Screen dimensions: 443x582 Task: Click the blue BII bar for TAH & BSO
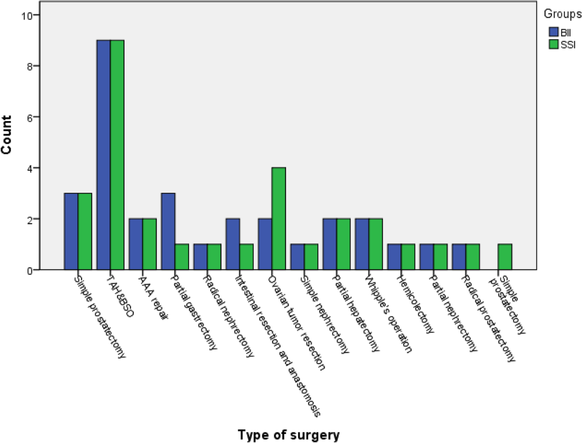pyautogui.click(x=104, y=155)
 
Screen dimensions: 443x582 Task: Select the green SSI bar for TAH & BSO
pyautogui.click(x=117, y=155)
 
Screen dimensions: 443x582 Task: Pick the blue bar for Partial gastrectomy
pyautogui.click(x=168, y=231)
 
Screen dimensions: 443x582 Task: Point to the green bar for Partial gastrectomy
pyautogui.click(x=182, y=257)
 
